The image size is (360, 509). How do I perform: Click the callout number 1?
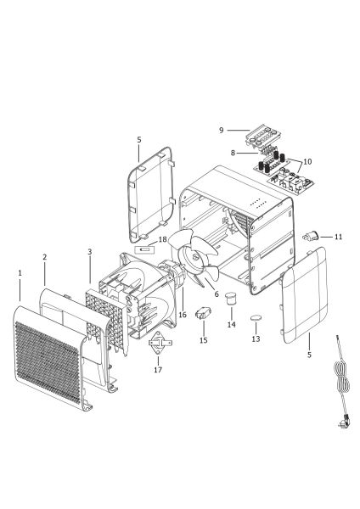tap(20, 273)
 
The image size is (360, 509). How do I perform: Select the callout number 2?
tap(44, 257)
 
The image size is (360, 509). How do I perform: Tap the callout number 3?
tap(90, 252)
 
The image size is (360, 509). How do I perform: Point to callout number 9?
tap(222, 130)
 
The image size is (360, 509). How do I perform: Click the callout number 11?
tap(339, 237)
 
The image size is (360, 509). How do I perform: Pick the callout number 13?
tap(256, 338)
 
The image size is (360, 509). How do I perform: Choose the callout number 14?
tap(232, 324)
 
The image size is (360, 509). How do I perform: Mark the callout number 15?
tap(204, 340)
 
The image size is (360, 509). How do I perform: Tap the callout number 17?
tap(158, 370)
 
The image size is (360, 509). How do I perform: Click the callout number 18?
tap(162, 239)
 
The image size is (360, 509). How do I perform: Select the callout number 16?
tap(183, 315)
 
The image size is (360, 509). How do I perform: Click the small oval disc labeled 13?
tap(256, 318)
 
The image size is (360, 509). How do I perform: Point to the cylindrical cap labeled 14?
tap(231, 298)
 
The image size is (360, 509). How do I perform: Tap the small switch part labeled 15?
tap(203, 313)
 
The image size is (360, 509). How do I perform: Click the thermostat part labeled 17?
tap(160, 343)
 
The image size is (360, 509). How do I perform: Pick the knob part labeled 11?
tap(312, 235)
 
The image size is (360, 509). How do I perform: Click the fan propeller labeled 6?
tap(194, 256)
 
